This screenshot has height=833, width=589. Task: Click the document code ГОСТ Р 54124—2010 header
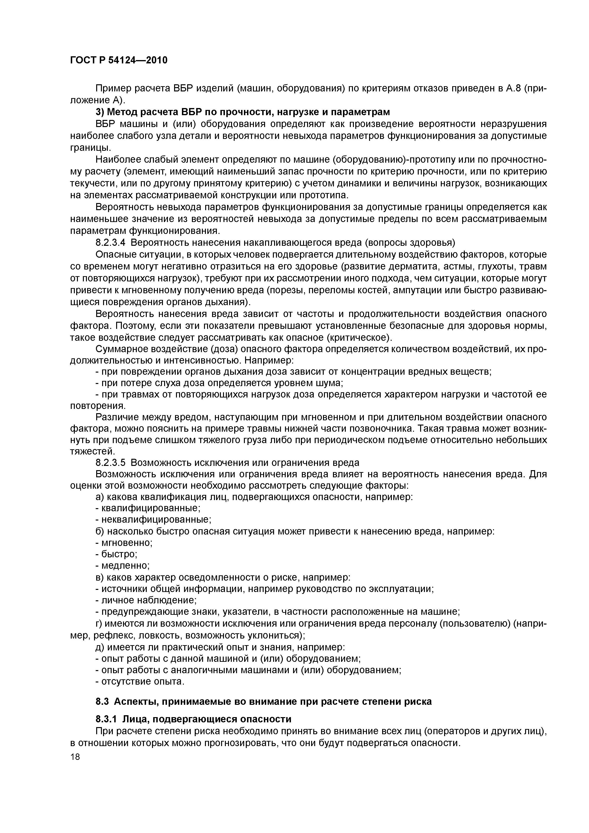pos(119,60)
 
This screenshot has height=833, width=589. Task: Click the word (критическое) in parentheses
pos(359,337)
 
